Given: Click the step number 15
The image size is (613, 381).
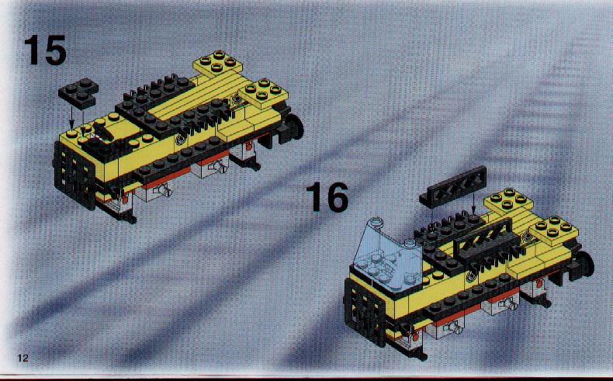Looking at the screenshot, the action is coord(45,50).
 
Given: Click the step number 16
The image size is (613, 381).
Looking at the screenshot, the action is coord(327,197).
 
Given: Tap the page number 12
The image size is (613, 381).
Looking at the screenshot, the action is coord(23,358).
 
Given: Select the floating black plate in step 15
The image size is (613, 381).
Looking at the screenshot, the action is coord(78,93).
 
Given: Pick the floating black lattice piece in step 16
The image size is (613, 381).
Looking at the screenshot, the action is coord(453,185).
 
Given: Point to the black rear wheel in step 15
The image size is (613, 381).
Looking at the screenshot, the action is coord(293,126).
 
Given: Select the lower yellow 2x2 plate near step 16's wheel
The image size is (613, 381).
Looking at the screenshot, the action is coord(554,230).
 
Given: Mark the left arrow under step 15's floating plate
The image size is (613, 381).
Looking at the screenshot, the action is coord(71,118).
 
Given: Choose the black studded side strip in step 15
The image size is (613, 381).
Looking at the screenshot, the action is coord(181,161).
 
